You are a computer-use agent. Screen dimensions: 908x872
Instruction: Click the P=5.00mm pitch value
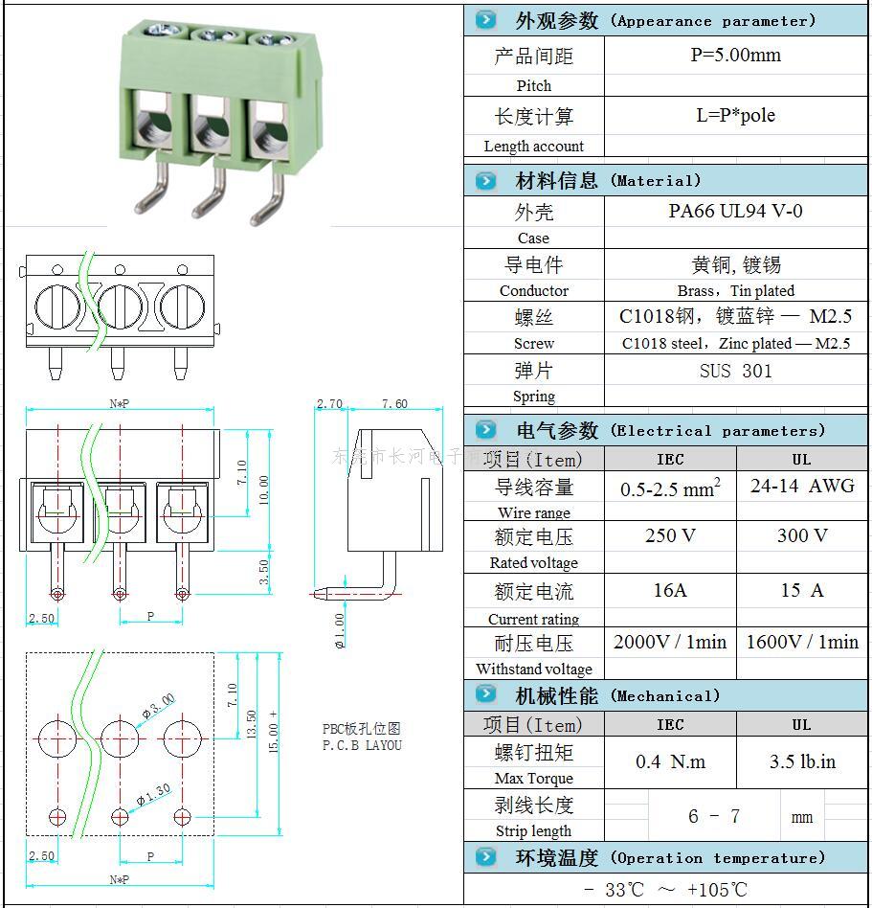point(735,56)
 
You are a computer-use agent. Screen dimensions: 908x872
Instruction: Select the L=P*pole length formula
point(735,116)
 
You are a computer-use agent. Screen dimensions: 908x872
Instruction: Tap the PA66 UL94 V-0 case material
point(735,211)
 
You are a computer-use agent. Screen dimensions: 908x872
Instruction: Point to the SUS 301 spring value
point(735,371)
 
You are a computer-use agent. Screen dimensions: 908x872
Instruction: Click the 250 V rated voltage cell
point(670,535)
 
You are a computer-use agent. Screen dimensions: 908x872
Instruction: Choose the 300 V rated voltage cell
point(802,535)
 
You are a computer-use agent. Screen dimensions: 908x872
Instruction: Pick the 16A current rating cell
point(670,590)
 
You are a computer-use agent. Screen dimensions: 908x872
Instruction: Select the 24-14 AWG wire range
point(802,486)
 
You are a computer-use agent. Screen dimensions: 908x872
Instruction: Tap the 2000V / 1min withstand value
point(670,642)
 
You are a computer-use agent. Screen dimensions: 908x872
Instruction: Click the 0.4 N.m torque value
point(670,762)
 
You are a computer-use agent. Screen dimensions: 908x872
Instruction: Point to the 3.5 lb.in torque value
point(802,762)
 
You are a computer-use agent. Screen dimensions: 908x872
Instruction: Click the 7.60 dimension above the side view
point(394,404)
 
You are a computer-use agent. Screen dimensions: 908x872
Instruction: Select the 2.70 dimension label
point(329,404)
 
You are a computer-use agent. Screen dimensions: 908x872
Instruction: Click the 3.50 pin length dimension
point(263,572)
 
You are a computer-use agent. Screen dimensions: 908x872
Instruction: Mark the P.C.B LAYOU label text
point(362,745)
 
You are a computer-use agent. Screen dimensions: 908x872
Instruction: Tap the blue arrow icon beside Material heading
point(486,180)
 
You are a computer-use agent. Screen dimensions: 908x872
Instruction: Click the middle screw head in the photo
point(216,36)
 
